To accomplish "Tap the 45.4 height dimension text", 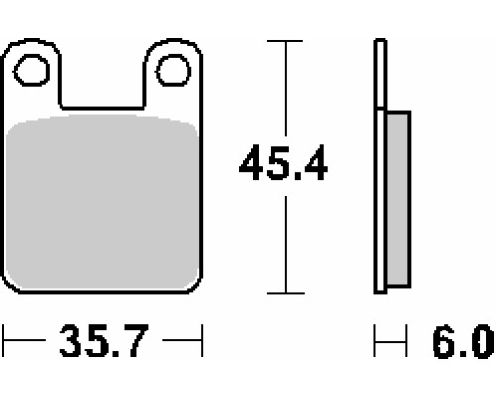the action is tap(284, 163).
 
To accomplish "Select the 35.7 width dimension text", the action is tap(103, 340).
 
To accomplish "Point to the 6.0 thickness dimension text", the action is tap(463, 341).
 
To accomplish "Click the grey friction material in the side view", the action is tap(398, 199).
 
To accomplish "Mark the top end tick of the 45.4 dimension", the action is tap(285, 41).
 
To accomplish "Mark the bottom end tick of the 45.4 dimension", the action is tap(286, 293).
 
